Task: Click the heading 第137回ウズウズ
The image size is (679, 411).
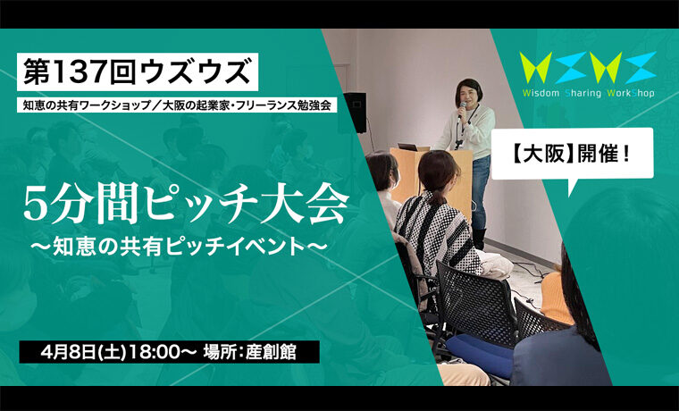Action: [x=138, y=71]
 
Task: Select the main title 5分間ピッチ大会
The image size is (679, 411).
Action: [x=186, y=205]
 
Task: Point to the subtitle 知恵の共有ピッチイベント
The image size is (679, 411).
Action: [x=179, y=247]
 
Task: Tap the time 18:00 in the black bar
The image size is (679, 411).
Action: [x=152, y=352]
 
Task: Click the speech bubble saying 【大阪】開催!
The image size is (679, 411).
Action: [x=572, y=154]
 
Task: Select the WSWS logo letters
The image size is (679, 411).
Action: [x=588, y=68]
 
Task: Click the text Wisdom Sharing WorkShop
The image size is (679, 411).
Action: [x=588, y=93]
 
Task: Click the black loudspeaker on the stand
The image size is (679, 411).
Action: [x=355, y=112]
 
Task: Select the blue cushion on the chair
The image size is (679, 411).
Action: [x=481, y=355]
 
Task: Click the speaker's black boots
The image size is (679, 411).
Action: [x=479, y=239]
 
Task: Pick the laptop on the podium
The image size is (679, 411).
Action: [x=408, y=147]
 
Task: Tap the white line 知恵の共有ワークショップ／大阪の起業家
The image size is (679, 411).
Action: [x=177, y=105]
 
